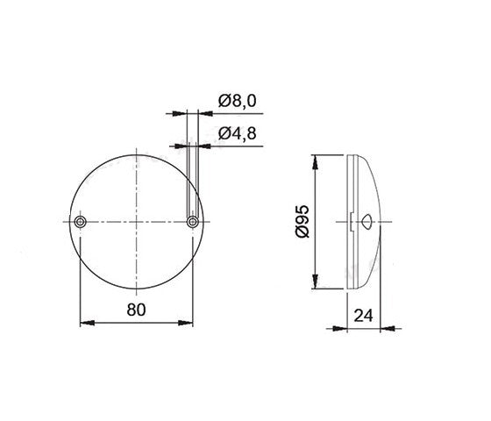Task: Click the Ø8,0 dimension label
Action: pyautogui.click(x=237, y=101)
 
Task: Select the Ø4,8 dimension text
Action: pyautogui.click(x=237, y=133)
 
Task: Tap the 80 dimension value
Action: pyautogui.click(x=136, y=310)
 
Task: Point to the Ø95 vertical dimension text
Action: pyautogui.click(x=302, y=221)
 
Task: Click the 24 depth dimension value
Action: pyautogui.click(x=363, y=316)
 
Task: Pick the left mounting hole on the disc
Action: pyautogui.click(x=81, y=222)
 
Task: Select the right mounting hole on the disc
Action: pyautogui.click(x=192, y=222)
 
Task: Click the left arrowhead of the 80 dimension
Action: pyautogui.click(x=88, y=323)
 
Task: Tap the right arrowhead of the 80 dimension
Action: pyautogui.click(x=185, y=323)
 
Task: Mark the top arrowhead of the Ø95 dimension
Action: pyautogui.click(x=316, y=162)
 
